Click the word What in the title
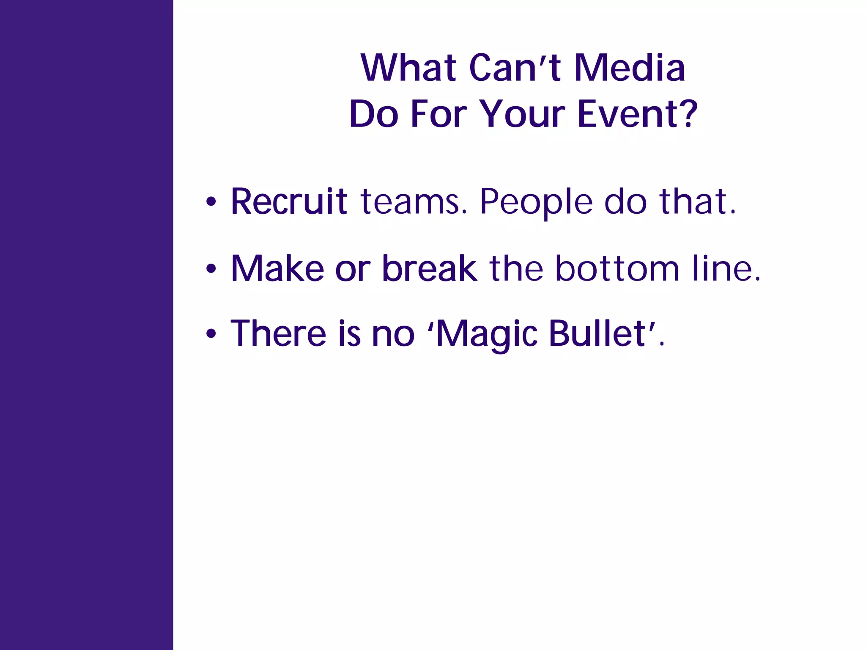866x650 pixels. coord(408,68)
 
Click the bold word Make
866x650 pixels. coord(277,268)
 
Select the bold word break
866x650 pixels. coord(429,268)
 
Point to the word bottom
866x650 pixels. coord(617,268)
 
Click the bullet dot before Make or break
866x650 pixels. coord(211,268)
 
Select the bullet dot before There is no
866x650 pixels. coord(211,334)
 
